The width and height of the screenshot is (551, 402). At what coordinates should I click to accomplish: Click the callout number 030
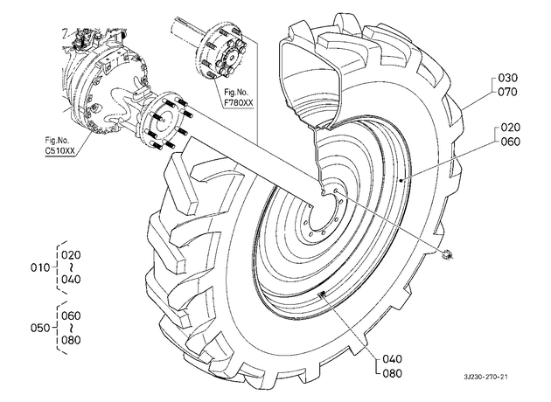(508, 78)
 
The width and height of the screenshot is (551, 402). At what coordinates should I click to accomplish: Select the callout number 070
(508, 92)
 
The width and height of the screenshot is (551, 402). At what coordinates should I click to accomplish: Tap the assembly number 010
(40, 267)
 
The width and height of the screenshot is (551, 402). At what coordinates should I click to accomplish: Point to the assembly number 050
(40, 328)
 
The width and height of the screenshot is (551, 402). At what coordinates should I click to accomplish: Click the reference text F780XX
(239, 102)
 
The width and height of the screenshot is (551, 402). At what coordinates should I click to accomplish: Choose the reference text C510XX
(59, 150)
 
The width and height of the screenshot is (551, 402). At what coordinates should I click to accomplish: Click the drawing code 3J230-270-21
(486, 377)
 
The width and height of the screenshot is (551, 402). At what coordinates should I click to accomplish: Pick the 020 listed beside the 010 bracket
(71, 255)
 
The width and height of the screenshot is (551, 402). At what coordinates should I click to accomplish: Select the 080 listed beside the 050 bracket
(71, 340)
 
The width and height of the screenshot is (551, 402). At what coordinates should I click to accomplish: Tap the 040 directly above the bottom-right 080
(392, 359)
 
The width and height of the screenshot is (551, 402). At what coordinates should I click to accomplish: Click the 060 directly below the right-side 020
(510, 142)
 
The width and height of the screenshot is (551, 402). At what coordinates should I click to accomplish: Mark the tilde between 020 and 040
(71, 267)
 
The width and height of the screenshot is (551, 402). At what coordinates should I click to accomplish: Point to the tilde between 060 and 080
(71, 328)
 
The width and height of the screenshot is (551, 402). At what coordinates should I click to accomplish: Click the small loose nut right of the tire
(448, 253)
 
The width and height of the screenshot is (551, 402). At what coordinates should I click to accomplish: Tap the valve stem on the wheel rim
(322, 295)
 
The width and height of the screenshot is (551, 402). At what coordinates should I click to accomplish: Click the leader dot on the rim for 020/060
(401, 180)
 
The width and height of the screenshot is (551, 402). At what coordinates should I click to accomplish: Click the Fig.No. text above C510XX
(57, 140)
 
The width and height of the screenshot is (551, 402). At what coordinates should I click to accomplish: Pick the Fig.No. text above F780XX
(236, 93)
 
